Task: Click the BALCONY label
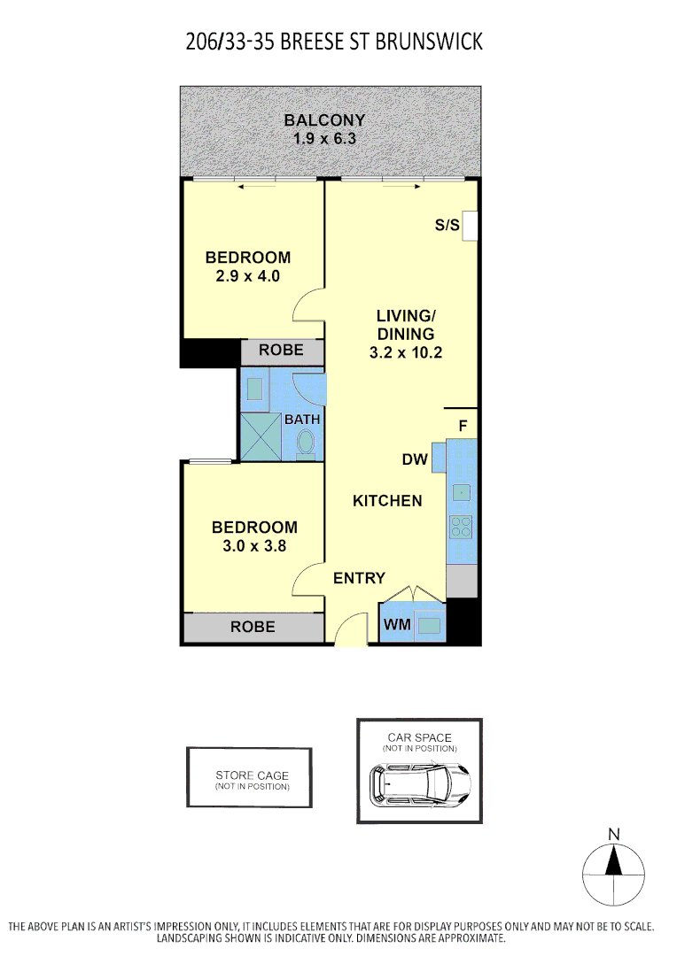pos(324,120)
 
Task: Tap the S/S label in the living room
pos(447,226)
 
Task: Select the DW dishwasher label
pos(415,459)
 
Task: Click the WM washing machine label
pos(396,626)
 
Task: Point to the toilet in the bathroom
pos(307,443)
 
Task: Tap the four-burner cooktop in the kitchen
pos(461,527)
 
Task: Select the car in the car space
pos(421,782)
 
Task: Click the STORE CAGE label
pos(252,775)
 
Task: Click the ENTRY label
pos(359,578)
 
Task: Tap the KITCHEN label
pos(387,501)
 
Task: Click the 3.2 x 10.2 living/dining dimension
pos(405,352)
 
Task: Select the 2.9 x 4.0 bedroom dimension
pos(247,276)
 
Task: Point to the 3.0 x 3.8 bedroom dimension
pos(253,546)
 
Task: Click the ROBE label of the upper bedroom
pos(281,351)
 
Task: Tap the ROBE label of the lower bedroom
pos(253,627)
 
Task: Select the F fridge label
pos(462,426)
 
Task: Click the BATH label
pos(302,419)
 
